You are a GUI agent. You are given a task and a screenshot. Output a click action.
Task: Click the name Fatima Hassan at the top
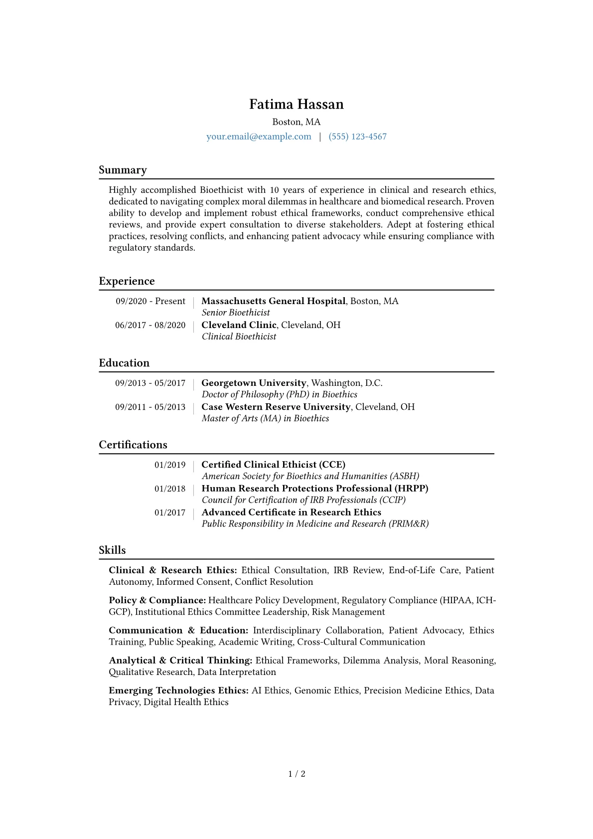pyautogui.click(x=296, y=104)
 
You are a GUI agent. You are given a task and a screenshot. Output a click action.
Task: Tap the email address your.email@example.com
pyautogui.click(x=259, y=137)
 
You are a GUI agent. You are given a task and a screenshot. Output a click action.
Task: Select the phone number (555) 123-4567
pyautogui.click(x=357, y=137)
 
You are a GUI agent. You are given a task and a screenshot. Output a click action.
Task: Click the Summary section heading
pyautogui.click(x=123, y=170)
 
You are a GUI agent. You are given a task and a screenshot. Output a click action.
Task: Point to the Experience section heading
pyautogui.click(x=127, y=281)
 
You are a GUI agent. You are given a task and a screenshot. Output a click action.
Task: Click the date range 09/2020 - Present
pyautogui.click(x=150, y=301)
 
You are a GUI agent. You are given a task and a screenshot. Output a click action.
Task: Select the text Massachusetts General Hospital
pyautogui.click(x=273, y=301)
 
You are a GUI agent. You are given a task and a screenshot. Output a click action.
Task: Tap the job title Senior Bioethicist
pyautogui.click(x=236, y=313)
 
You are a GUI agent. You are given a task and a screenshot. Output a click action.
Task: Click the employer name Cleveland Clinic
pyautogui.click(x=239, y=325)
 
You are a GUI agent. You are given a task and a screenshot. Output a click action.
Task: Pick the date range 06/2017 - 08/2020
pyautogui.click(x=150, y=325)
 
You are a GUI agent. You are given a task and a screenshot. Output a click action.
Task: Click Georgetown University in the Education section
pyautogui.click(x=254, y=383)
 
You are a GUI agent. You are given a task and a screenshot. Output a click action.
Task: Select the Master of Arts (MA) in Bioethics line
pyautogui.click(x=265, y=418)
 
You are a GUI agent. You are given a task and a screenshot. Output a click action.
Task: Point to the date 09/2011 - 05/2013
pyautogui.click(x=150, y=407)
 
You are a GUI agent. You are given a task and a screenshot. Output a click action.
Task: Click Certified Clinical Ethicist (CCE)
pyautogui.click(x=273, y=465)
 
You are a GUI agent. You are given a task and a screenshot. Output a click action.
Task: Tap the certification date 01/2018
pyautogui.click(x=169, y=489)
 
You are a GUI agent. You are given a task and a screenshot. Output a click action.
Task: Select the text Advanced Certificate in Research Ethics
pyautogui.click(x=291, y=512)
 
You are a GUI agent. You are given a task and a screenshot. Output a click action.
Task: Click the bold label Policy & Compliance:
pyautogui.click(x=157, y=600)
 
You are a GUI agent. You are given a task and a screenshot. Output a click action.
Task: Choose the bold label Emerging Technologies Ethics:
pyautogui.click(x=178, y=690)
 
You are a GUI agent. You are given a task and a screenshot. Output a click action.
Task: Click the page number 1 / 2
pyautogui.click(x=296, y=774)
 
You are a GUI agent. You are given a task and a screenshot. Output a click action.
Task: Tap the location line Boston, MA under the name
pyautogui.click(x=296, y=122)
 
